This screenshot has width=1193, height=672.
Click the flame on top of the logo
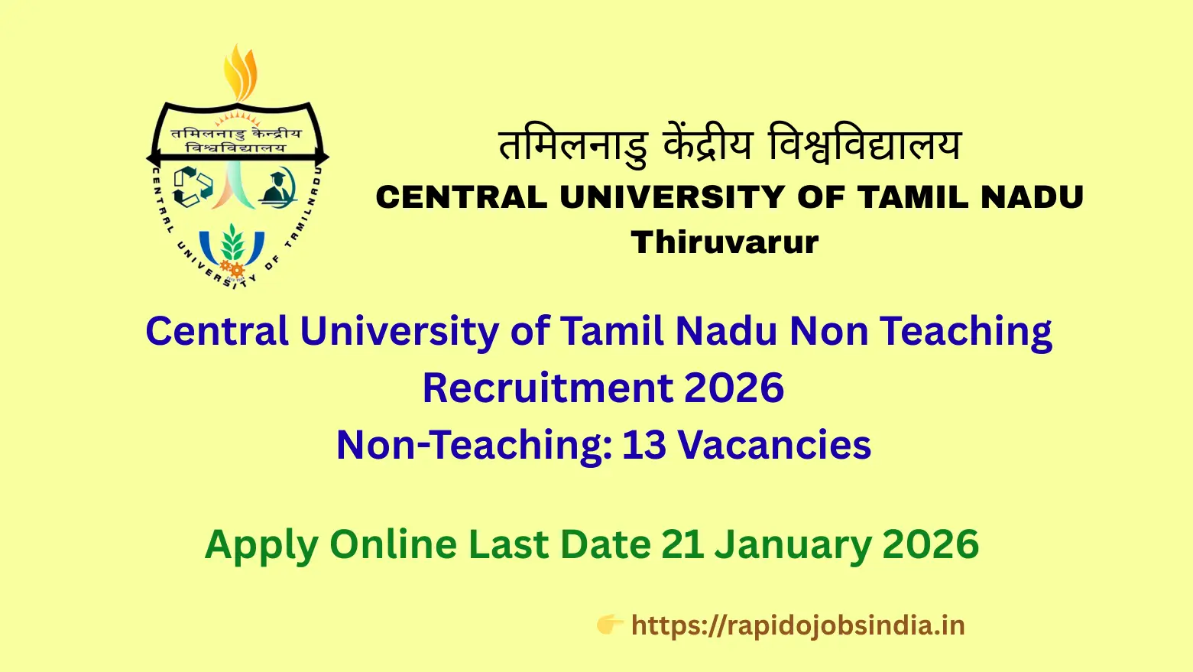point(240,73)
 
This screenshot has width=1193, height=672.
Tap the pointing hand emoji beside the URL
point(610,625)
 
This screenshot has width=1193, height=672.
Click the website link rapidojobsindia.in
point(798,626)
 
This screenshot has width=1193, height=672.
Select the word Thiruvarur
point(725,242)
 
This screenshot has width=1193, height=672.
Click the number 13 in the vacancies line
point(644,444)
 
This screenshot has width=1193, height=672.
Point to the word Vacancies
point(774,444)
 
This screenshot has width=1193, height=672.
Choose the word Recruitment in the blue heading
point(546,387)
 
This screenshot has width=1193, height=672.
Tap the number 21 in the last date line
point(682,544)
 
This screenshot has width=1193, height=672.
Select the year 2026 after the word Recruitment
point(734,387)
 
